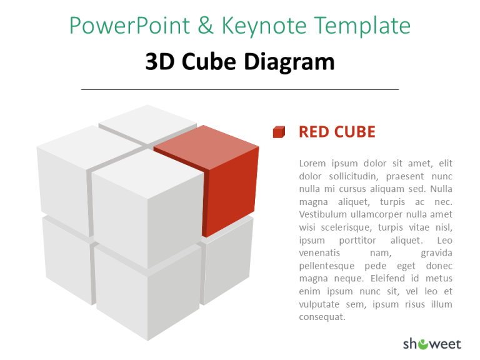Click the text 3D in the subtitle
(159, 62)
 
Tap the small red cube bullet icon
(279, 132)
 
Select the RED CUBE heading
(337, 132)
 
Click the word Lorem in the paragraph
(312, 164)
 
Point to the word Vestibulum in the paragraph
(326, 214)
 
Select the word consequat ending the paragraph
(322, 317)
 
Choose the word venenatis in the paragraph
(319, 253)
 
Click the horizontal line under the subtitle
(240, 90)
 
